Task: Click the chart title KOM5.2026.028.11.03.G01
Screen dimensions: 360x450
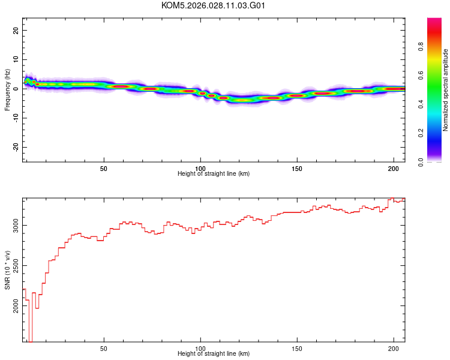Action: tap(214, 5)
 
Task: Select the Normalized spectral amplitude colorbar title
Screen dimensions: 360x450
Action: tap(445, 90)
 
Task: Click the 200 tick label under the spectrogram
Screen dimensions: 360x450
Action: tap(394, 168)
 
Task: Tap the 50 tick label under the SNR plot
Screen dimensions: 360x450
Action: tap(104, 348)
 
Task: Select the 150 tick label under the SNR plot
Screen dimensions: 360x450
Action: tap(297, 348)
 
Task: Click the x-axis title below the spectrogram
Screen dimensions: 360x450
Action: tap(214, 174)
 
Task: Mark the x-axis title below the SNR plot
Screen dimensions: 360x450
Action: tap(214, 354)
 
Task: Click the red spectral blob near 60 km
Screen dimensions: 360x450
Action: tap(121, 86)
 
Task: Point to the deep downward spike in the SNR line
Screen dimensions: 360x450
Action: tap(30, 340)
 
